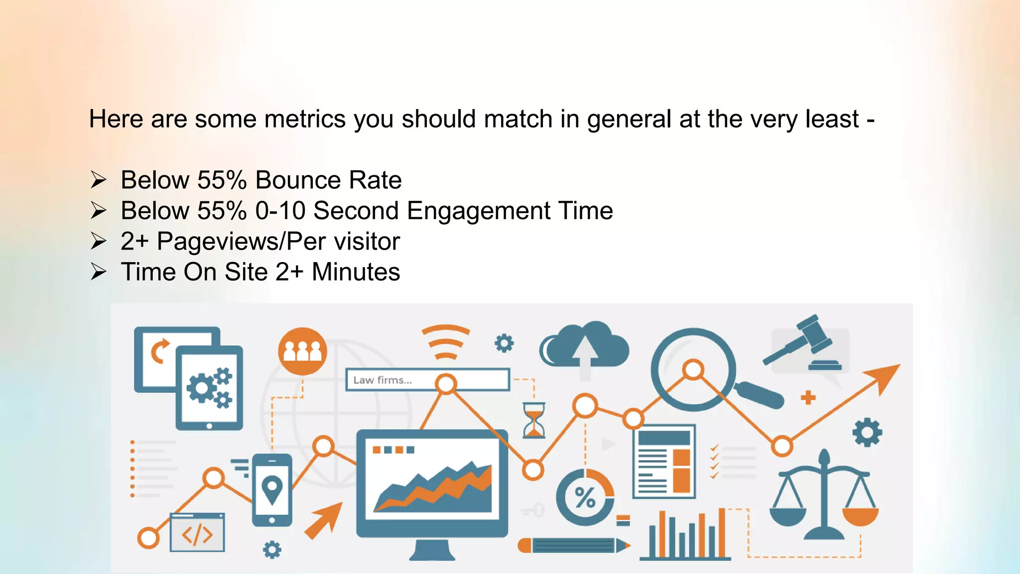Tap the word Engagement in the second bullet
tap(478, 211)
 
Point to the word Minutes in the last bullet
tap(356, 272)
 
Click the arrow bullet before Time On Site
tap(98, 272)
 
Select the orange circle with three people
tap(302, 351)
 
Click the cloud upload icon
tap(585, 347)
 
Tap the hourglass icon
tap(533, 421)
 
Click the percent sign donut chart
tap(585, 497)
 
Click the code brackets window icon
tap(197, 533)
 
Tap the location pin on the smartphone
tap(272, 489)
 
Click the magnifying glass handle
tap(759, 395)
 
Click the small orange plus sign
tap(808, 398)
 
